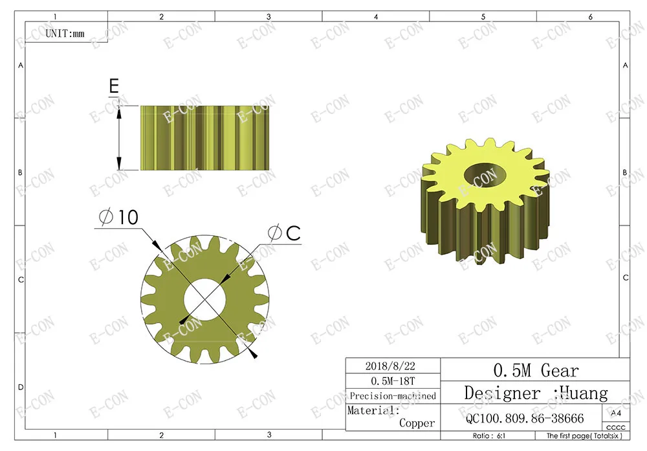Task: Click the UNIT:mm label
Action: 65,33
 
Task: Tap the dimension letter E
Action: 114,86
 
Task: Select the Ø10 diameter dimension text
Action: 119,217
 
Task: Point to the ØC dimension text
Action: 284,233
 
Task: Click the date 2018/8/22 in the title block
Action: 390,366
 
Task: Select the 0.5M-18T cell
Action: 393,381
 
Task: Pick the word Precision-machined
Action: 393,396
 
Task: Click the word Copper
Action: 417,423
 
